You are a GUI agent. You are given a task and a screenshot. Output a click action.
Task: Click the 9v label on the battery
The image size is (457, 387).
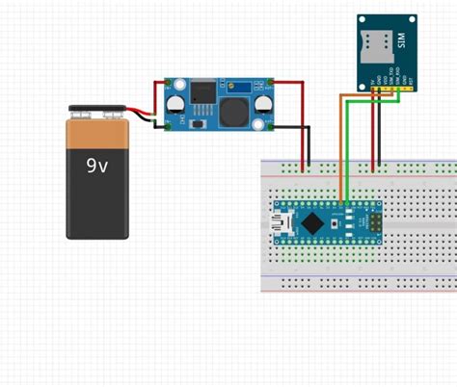tap(96, 166)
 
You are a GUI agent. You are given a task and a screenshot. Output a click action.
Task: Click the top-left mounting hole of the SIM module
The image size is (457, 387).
tap(363, 19)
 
